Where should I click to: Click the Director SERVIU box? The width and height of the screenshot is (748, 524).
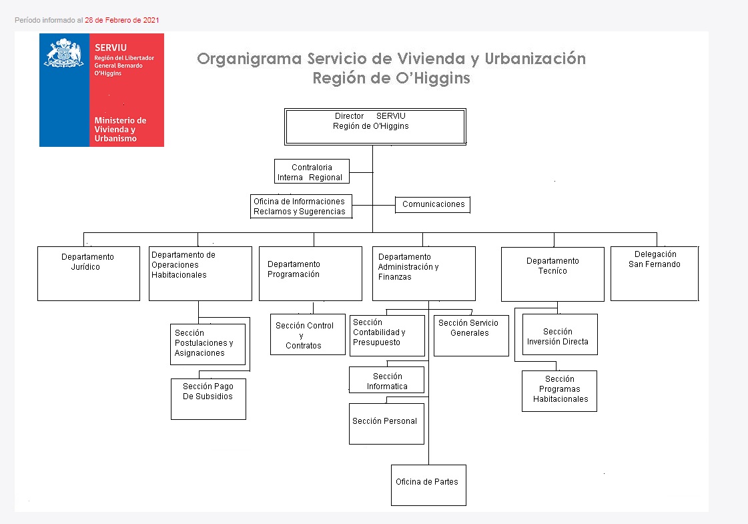tap(375, 126)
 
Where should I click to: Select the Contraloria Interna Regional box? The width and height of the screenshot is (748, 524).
tap(312, 172)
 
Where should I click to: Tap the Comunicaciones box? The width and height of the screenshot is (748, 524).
tap(433, 204)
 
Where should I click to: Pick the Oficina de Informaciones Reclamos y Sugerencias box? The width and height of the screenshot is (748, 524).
tap(302, 206)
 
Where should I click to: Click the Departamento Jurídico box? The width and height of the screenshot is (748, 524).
tap(89, 274)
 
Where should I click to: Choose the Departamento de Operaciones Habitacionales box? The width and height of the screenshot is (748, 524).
tap(200, 274)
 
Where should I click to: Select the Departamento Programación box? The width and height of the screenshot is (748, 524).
tap(310, 274)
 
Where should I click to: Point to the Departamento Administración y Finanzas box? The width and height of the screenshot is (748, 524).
tap(424, 274)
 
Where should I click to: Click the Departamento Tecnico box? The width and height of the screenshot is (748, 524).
tap(552, 274)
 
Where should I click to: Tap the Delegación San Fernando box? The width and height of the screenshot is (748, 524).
tap(654, 274)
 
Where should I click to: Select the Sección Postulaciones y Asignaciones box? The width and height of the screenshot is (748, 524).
tap(208, 344)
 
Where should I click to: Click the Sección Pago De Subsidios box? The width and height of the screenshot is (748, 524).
tap(208, 399)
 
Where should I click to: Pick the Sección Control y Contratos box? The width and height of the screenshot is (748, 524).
tap(308, 334)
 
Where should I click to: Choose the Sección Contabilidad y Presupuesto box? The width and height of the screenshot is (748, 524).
tap(387, 336)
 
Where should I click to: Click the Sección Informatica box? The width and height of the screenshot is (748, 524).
tap(386, 380)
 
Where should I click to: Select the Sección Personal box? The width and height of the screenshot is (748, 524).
tap(386, 424)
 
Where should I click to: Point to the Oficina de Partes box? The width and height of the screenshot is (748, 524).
tap(428, 485)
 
